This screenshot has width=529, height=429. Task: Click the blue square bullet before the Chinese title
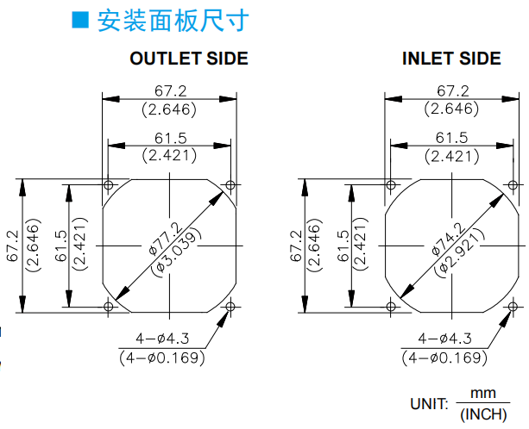[80, 20]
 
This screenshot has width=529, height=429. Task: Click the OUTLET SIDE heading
[189, 59]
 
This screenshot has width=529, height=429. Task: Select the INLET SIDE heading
[451, 59]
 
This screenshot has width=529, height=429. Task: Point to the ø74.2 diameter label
[449, 239]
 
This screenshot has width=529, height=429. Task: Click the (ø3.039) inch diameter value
[176, 252]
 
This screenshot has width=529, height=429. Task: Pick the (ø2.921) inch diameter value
[459, 253]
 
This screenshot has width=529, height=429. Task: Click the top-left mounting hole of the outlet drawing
[108, 184]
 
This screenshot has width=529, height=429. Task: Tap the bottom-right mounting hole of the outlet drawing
[230, 307]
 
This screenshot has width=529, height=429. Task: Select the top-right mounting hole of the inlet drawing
[513, 185]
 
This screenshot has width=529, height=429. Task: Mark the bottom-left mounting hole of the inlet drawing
[391, 307]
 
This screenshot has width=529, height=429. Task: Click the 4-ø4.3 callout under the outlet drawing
[162, 339]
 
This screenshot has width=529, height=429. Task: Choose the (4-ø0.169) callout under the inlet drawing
[444, 357]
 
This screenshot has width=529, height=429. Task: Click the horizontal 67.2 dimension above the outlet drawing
[170, 91]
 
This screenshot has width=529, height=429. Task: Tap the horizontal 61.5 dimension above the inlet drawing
[451, 138]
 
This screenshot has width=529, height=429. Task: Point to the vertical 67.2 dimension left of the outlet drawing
[13, 246]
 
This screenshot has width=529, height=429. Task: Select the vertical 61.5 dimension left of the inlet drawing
[343, 246]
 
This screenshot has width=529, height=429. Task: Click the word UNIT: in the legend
[429, 404]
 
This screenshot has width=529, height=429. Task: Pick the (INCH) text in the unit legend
[483, 414]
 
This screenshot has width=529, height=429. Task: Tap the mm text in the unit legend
[483, 394]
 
